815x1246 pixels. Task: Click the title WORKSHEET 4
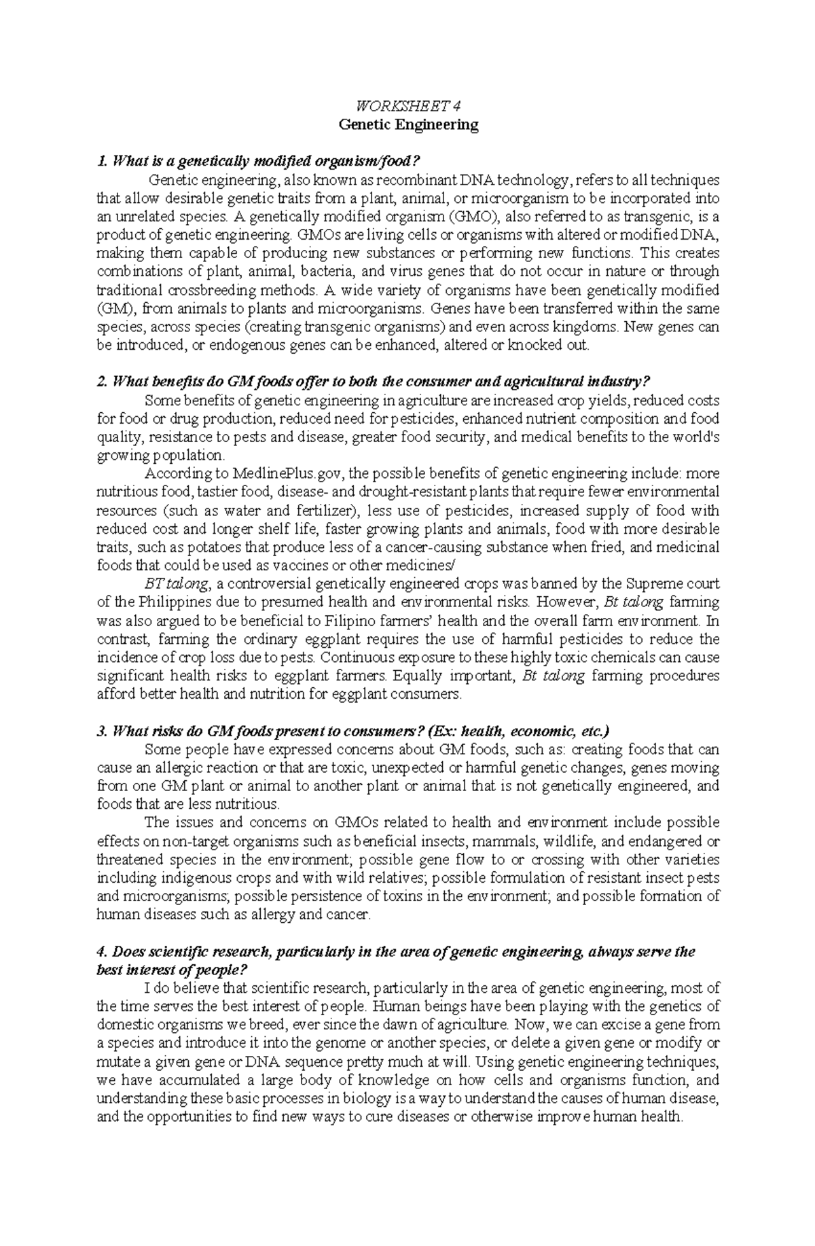coord(408,105)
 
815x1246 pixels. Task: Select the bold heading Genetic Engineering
coord(408,125)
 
